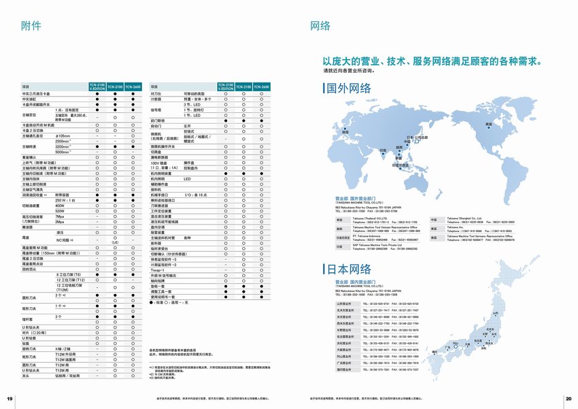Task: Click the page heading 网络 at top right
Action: (320, 26)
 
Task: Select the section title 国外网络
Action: (349, 88)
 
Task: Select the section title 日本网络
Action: (349, 269)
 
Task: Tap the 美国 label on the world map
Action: (488, 124)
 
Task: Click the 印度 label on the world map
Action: (382, 149)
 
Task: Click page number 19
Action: (10, 398)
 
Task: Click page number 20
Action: (568, 398)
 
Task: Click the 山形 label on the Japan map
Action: (495, 313)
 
